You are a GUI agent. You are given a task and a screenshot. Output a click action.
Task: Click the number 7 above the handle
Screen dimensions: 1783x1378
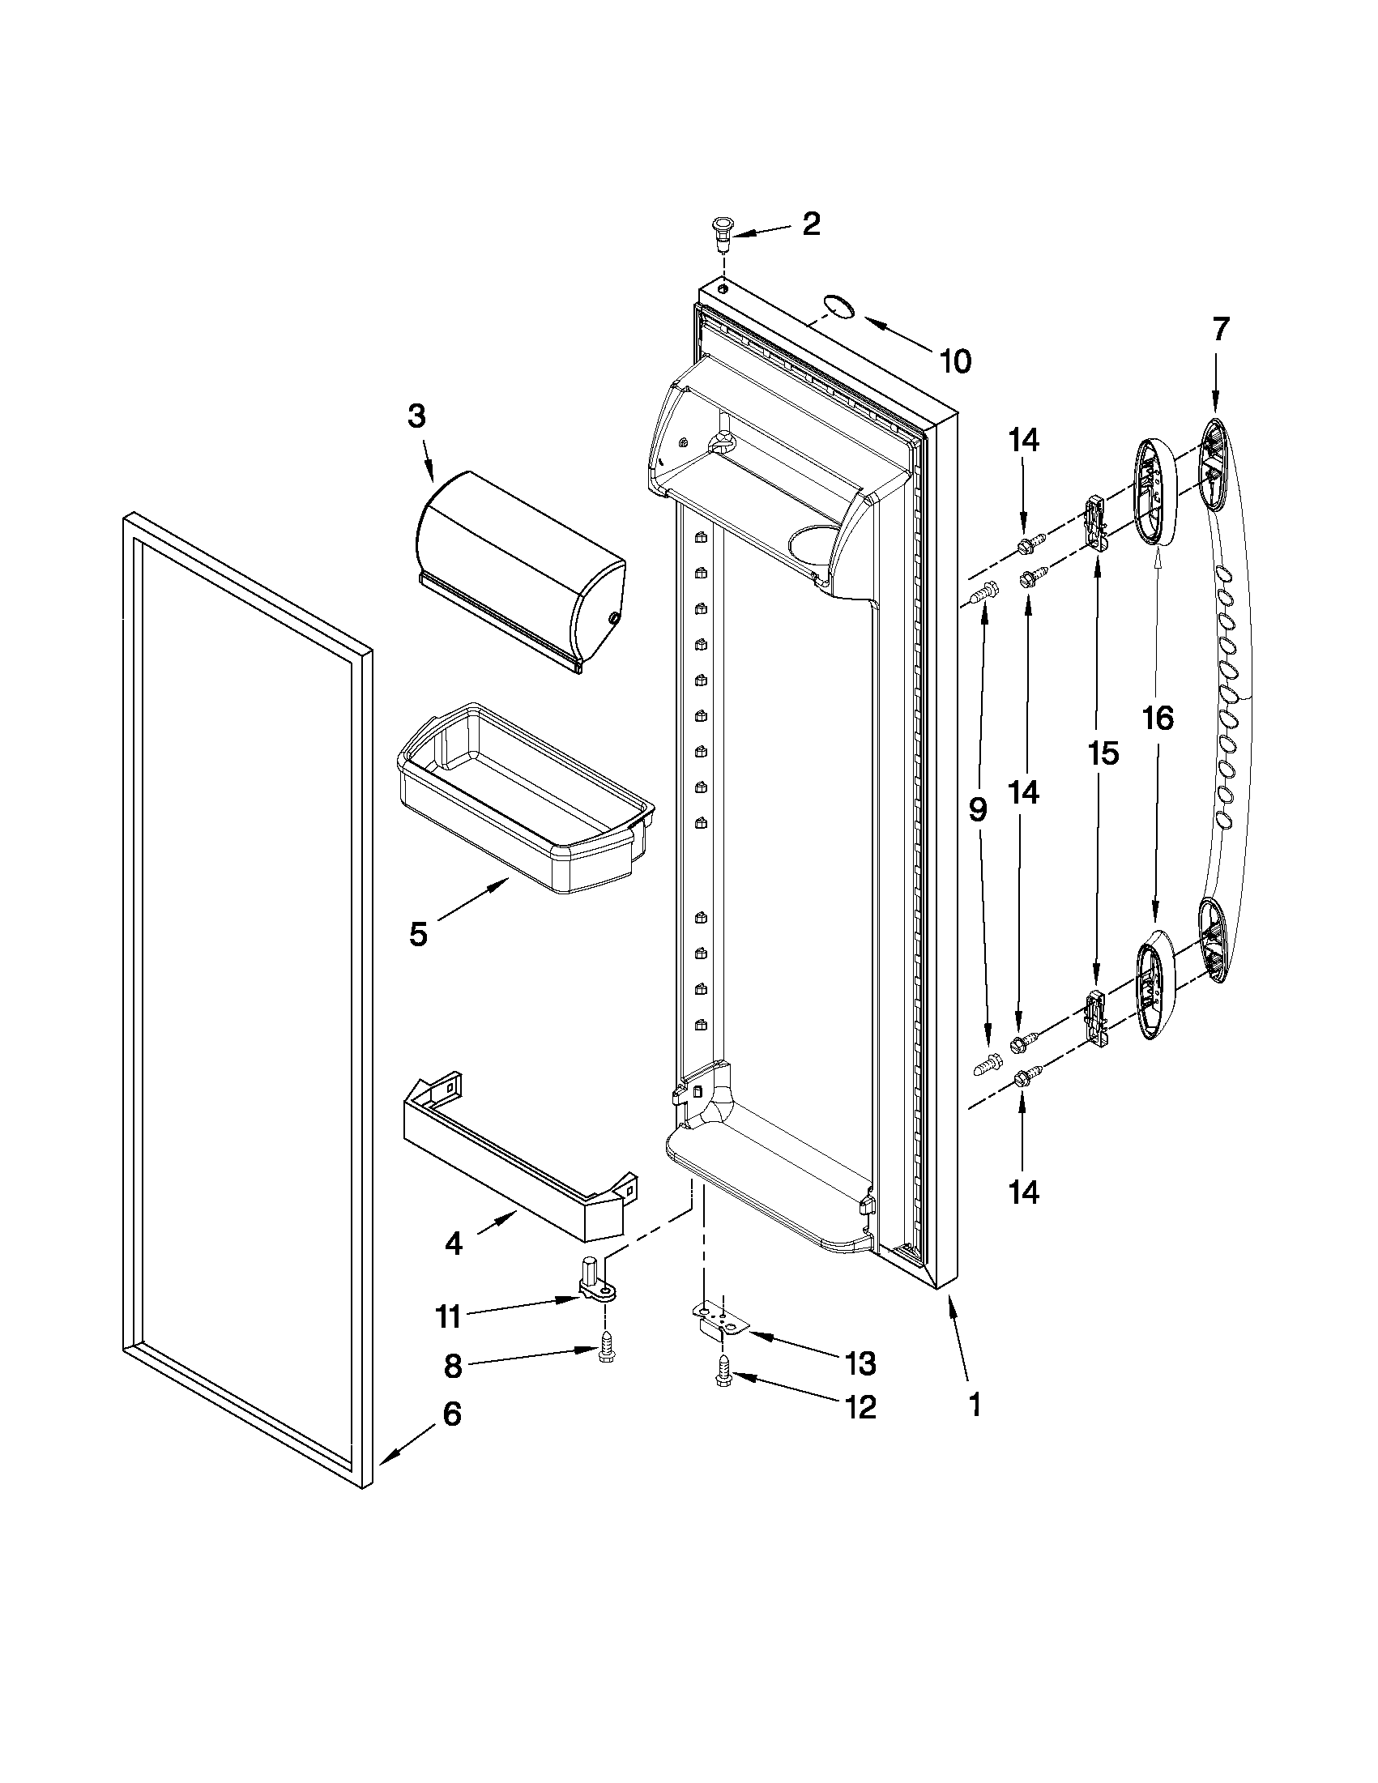(1218, 329)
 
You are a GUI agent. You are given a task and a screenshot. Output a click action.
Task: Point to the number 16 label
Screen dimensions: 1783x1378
(1158, 719)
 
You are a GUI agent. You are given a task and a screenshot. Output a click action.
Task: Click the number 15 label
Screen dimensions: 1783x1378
(1103, 753)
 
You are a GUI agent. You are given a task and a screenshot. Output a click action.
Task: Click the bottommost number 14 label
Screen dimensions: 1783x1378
(1024, 1192)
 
